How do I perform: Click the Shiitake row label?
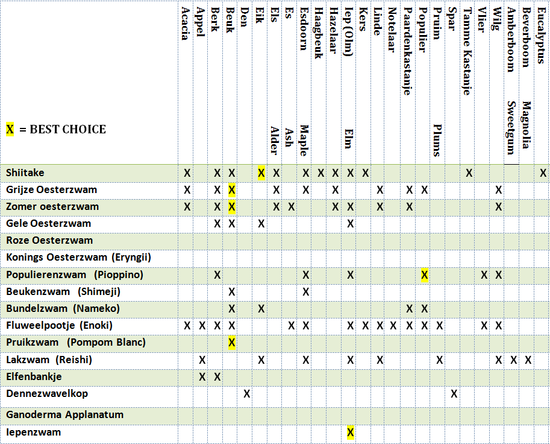pos(25,173)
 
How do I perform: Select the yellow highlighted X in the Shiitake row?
pos(261,173)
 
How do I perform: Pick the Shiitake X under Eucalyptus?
pos(543,173)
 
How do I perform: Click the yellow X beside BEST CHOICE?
pos(10,129)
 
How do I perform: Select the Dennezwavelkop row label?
pos(47,393)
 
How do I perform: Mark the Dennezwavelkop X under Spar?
pos(454,394)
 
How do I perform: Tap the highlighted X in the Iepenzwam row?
pos(351,432)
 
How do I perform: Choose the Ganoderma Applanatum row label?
pos(65,414)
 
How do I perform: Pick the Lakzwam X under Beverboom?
pos(528,360)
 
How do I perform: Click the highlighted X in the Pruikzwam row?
pos(232,343)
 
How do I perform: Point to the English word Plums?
pos(438,140)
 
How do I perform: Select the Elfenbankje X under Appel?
pos(202,377)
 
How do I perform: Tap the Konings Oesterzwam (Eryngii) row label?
pos(78,258)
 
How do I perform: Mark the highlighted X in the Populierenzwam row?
pos(425,275)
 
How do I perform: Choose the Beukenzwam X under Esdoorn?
pos(306,291)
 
